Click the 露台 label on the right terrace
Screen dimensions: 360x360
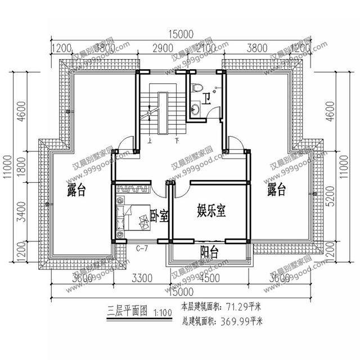pos(276,190)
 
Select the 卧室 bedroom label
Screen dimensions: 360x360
pos(160,216)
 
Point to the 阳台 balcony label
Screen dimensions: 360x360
pos(210,251)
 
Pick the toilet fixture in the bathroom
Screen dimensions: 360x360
pos(196,88)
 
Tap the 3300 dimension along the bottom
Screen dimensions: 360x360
pos(141,277)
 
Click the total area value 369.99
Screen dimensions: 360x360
pos(236,322)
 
